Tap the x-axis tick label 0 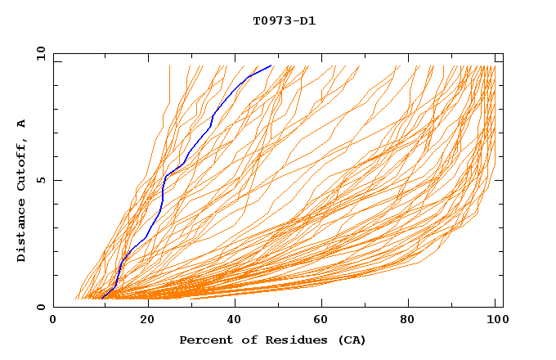(53, 321)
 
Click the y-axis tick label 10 (40, 53)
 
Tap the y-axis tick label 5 (40, 180)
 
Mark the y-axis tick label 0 (40, 307)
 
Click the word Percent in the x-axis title (203, 340)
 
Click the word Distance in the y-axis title (22, 230)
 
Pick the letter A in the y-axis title (22, 124)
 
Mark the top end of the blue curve (271, 65)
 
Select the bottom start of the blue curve (101, 298)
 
